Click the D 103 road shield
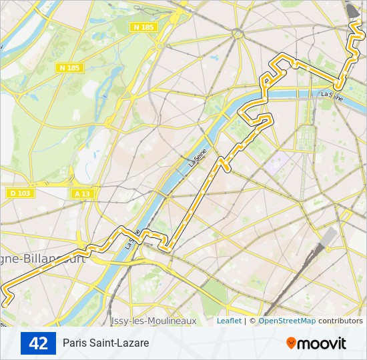point(20,193)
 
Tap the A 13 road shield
point(81,193)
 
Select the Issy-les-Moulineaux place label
point(154,321)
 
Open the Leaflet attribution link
point(229,321)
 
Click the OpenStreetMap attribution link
point(287,321)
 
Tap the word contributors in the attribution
point(340,321)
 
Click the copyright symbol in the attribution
point(252,321)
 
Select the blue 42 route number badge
point(39,343)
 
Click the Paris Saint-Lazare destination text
point(106,343)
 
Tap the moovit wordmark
point(322,343)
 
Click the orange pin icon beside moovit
point(292,343)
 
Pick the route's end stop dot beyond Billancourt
point(5,303)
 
